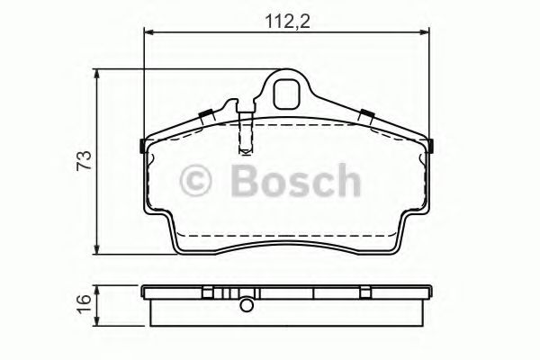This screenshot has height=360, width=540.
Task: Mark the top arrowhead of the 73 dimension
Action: click(98, 76)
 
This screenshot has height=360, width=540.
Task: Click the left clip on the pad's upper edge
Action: click(206, 114)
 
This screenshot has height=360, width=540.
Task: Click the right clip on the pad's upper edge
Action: click(367, 114)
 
